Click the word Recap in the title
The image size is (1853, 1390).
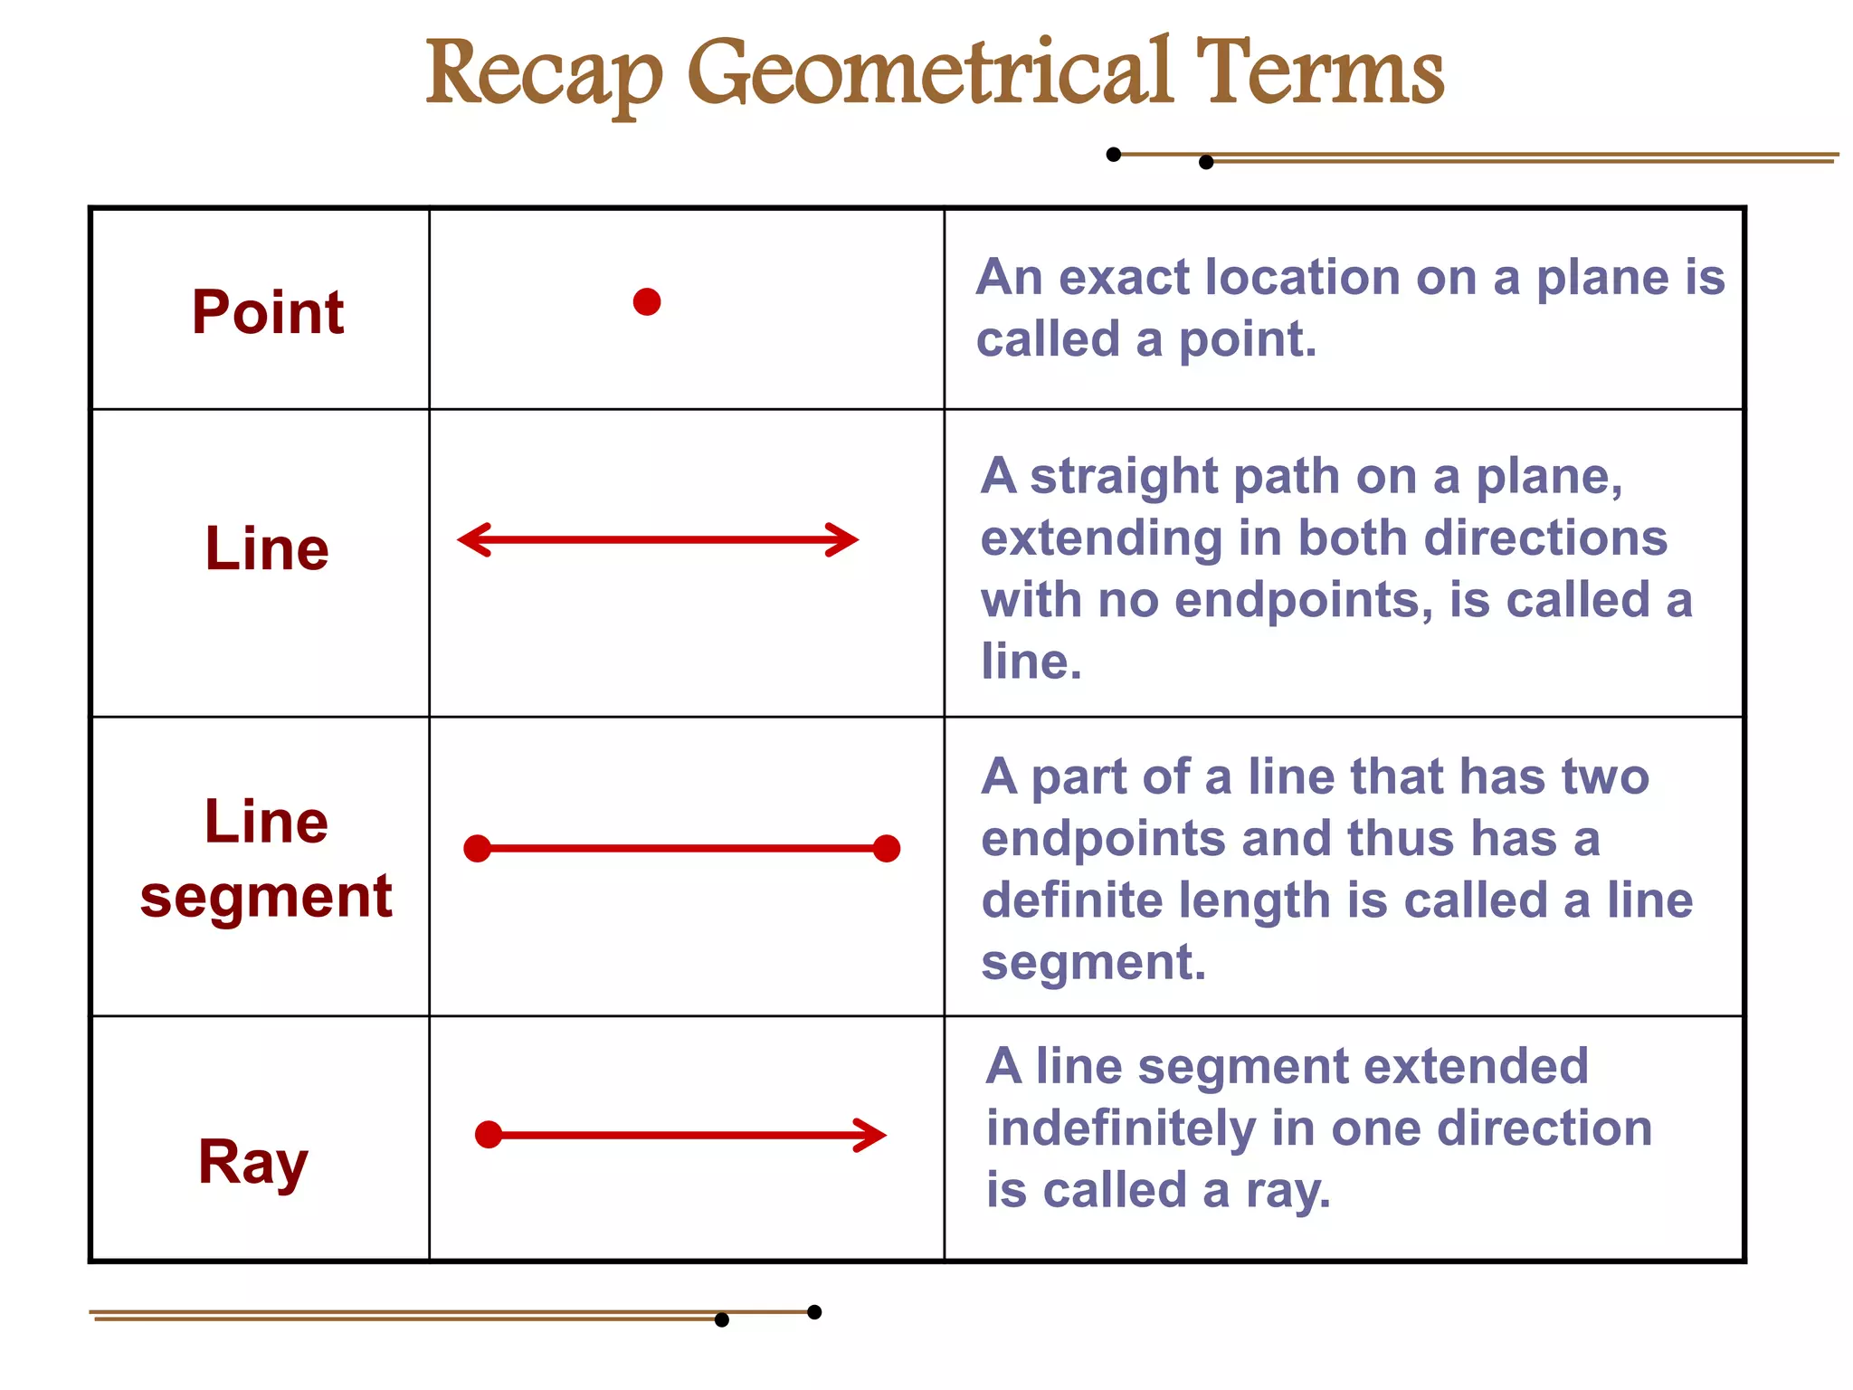544,74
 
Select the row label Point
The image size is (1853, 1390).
268,312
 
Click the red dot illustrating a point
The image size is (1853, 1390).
647,301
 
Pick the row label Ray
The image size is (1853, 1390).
253,1162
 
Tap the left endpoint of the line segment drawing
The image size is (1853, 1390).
477,849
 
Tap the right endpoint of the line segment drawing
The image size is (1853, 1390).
887,849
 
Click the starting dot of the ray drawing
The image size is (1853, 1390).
489,1135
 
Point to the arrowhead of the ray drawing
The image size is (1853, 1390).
872,1135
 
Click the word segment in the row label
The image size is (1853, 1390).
266,898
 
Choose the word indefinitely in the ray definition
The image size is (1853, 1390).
1120,1128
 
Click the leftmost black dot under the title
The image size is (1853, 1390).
1114,155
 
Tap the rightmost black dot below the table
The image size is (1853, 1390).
814,1312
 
